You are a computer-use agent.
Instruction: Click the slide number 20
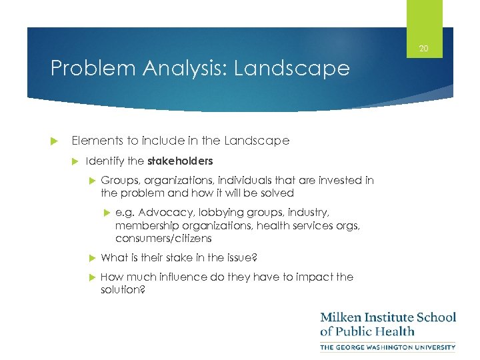(x=424, y=49)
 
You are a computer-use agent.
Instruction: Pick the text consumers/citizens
(x=163, y=238)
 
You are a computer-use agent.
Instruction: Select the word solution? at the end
(x=123, y=289)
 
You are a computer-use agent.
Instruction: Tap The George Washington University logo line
(x=387, y=347)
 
